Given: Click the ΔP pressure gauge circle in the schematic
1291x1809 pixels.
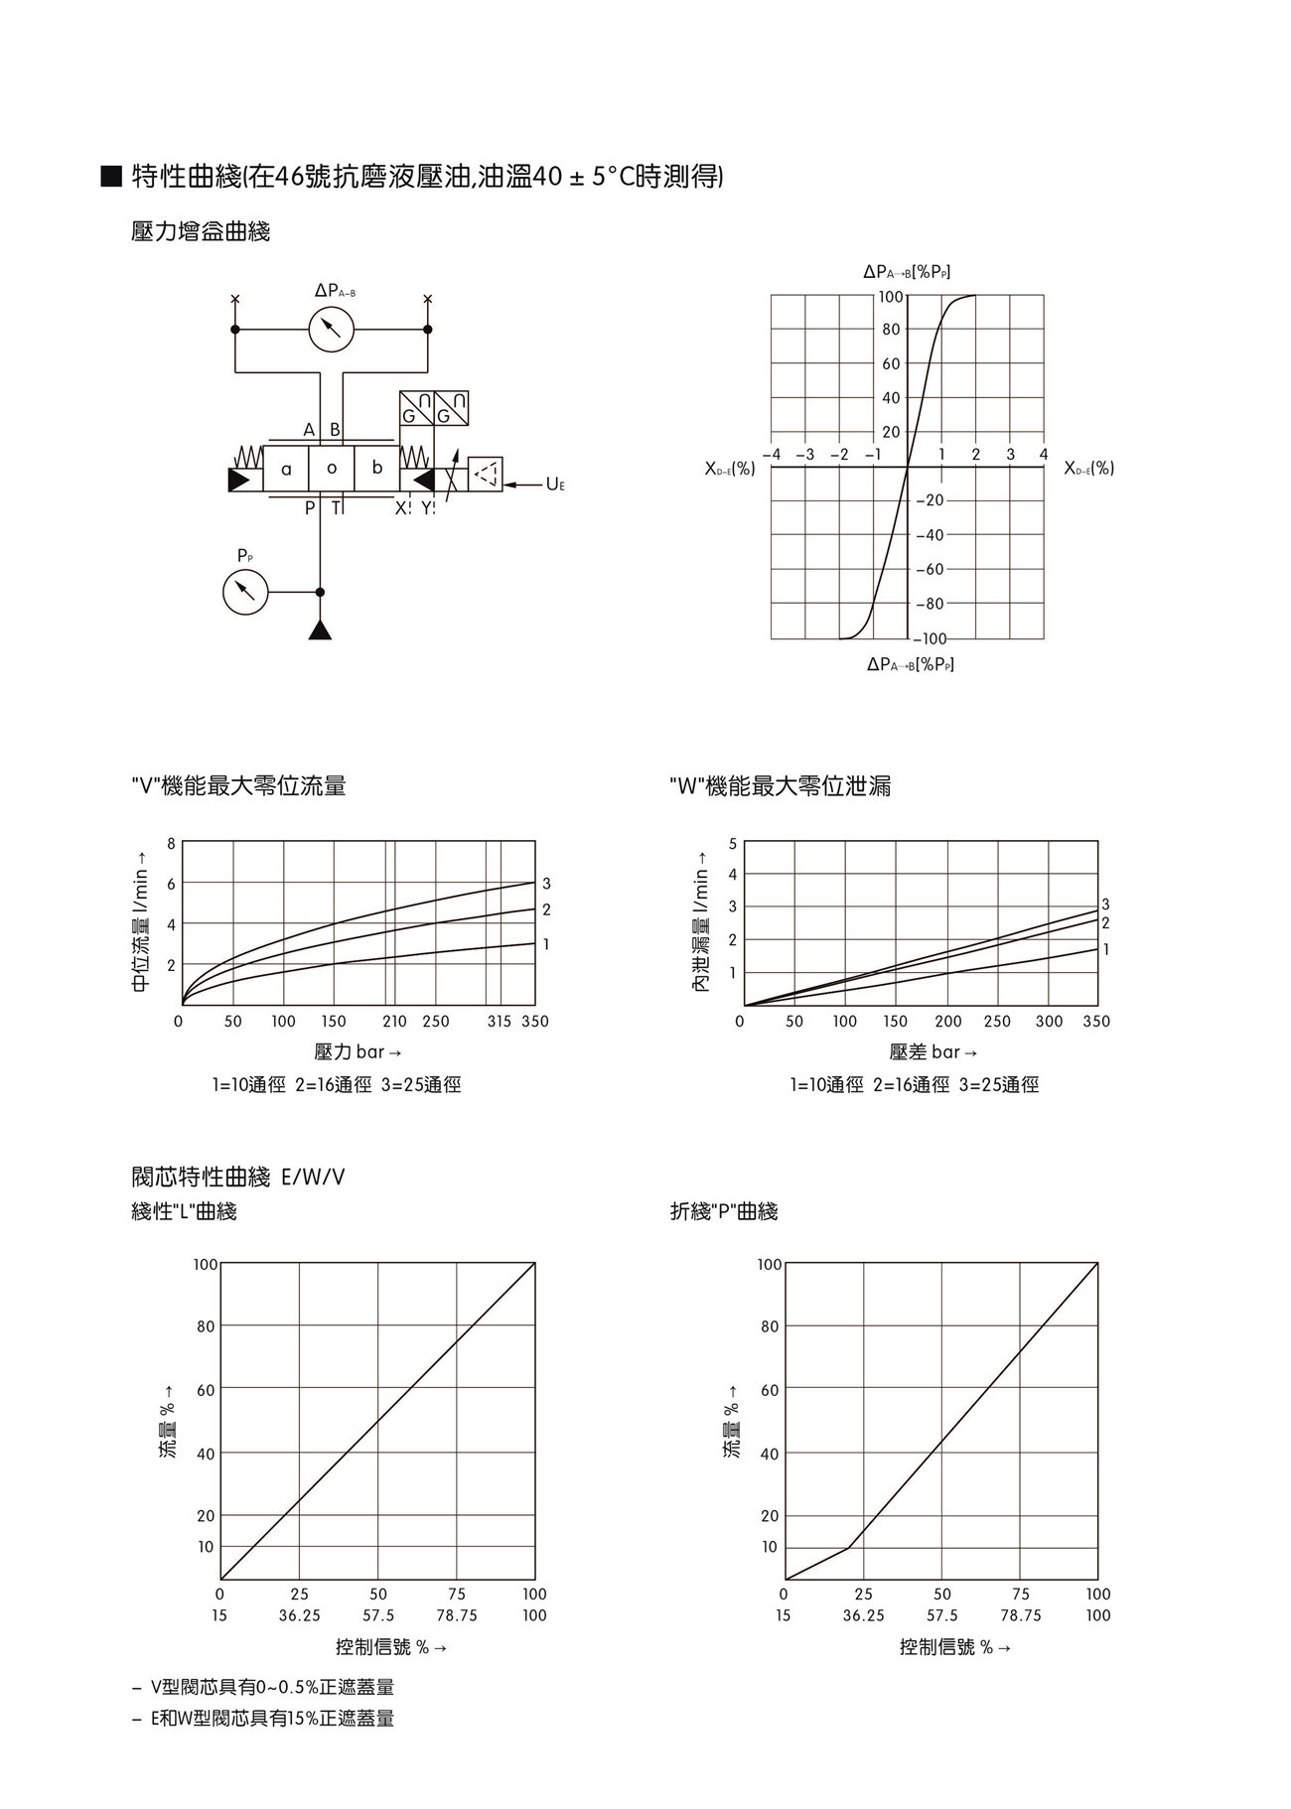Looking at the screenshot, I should point(332,330).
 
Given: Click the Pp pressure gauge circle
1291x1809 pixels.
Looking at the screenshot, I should point(245,592).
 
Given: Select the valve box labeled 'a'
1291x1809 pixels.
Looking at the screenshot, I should point(286,469).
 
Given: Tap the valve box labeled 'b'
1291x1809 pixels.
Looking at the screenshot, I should point(377,469).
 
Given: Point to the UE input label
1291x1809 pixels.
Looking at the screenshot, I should point(555,485).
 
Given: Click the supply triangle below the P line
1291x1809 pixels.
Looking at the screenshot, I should point(320,630).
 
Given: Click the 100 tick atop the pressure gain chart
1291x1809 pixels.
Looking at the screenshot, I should point(890,296).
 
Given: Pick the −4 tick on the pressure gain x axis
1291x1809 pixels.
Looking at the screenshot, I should point(772,455).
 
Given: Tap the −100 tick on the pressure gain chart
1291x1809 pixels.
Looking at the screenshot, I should point(930,638).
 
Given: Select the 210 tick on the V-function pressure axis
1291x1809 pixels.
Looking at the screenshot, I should point(394,1021).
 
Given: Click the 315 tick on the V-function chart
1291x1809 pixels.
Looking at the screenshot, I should point(500,1021).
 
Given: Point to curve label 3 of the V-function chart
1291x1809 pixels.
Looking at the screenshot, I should point(546,884).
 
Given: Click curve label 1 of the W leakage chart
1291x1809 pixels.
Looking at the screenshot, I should point(1106,950).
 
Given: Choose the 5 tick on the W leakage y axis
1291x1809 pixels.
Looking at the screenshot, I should point(733,843).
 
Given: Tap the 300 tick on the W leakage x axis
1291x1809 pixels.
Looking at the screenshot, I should point(1049,1021).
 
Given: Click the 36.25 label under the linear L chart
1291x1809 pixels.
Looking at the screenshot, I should point(299,1615).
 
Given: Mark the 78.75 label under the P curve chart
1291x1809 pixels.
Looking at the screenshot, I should point(1021,1615).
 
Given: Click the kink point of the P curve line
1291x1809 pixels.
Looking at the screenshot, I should point(848,1548).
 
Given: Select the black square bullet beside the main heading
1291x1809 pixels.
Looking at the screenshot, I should point(111,178).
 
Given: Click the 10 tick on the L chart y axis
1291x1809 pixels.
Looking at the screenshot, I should point(206,1547).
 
